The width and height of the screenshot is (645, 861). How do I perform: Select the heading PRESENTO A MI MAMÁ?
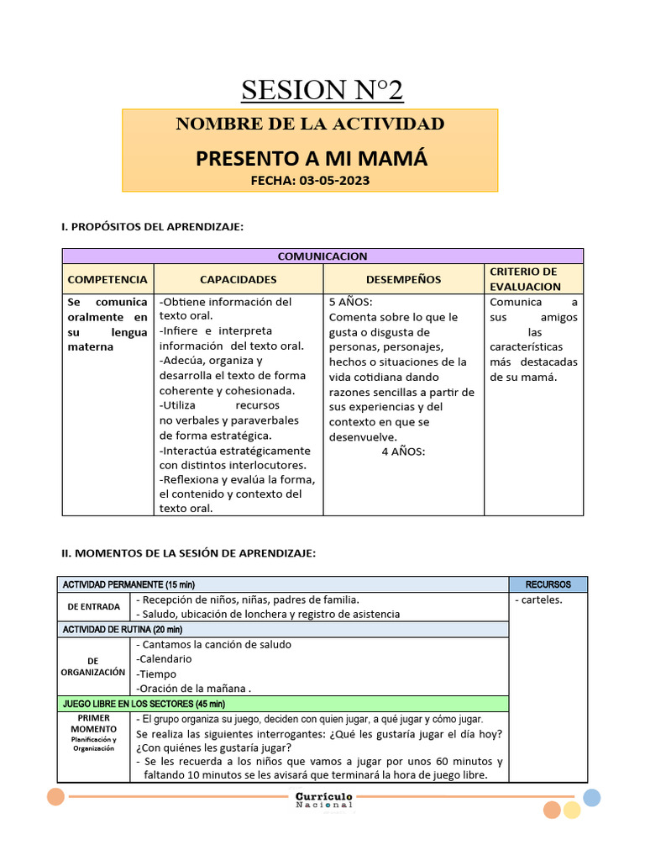(312, 158)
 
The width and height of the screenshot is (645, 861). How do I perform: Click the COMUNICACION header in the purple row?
(322, 256)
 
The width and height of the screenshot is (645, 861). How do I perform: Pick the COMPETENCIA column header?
(107, 279)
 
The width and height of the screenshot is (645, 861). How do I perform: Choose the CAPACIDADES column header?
(238, 279)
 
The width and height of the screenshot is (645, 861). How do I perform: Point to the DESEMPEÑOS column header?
(403, 279)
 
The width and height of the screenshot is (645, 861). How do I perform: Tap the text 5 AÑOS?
(350, 302)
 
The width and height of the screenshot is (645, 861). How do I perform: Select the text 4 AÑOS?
(403, 452)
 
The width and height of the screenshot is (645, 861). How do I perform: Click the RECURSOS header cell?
(548, 584)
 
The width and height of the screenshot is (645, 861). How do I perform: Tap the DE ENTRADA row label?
(93, 606)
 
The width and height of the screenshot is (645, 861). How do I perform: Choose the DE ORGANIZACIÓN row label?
(92, 667)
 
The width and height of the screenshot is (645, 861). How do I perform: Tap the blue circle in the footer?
(591, 798)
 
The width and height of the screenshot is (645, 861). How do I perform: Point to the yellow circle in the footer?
(572, 810)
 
